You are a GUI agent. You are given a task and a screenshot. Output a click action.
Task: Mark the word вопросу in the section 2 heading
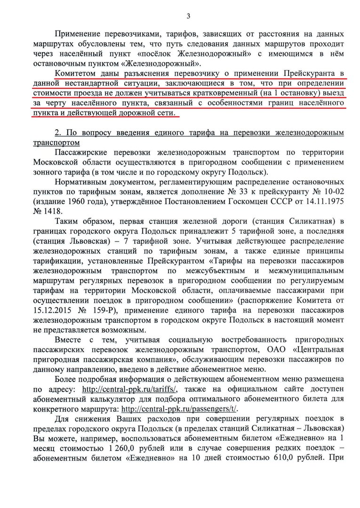tap(96, 133)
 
